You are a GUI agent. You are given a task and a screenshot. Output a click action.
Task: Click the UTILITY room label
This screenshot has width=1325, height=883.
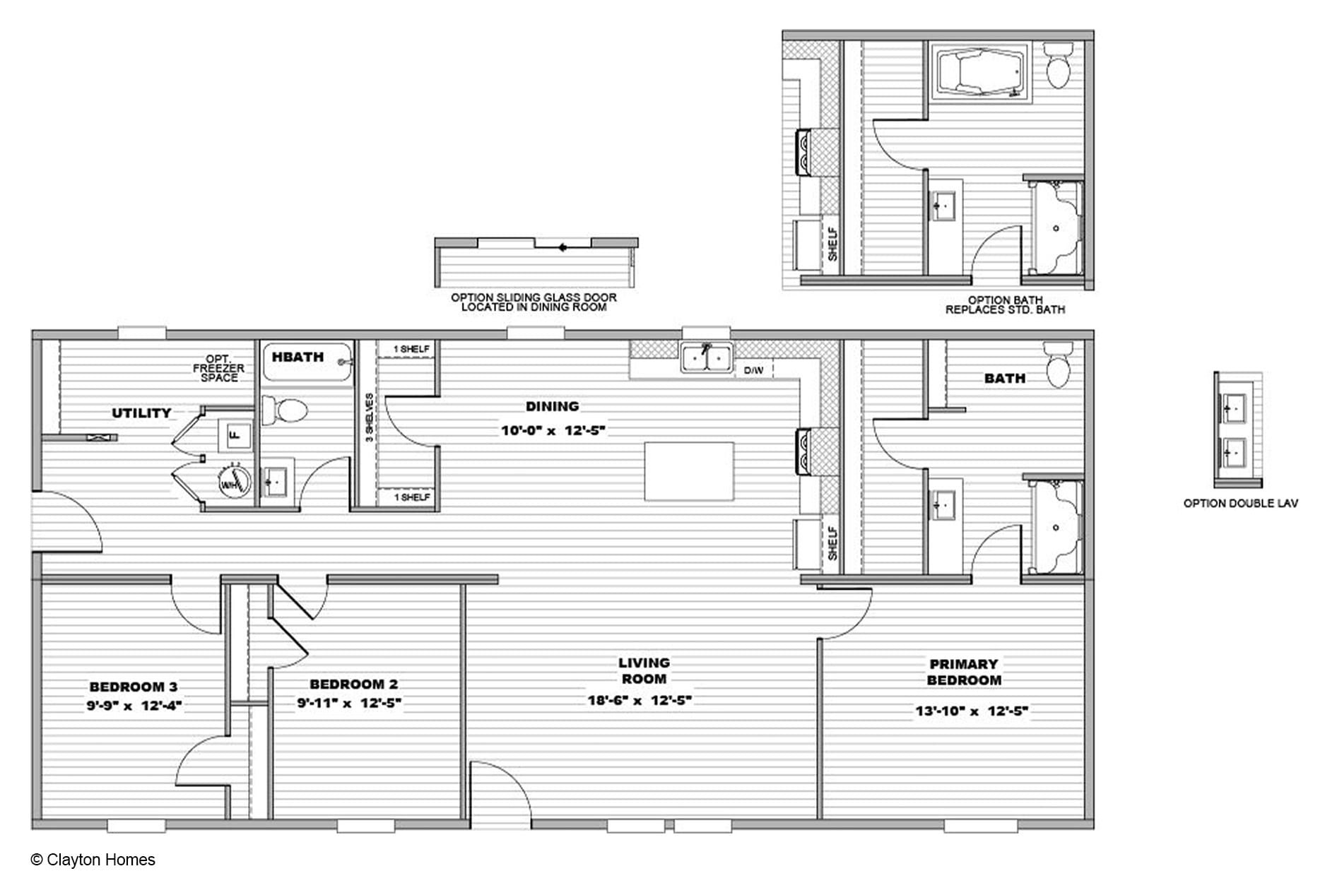[x=141, y=413]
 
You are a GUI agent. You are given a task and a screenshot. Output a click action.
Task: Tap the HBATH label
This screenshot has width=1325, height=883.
[x=298, y=357]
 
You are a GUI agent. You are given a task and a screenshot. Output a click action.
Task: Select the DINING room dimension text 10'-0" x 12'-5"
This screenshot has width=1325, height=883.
[x=553, y=430]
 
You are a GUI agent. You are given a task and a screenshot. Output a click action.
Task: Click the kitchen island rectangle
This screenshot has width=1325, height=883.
[x=689, y=471]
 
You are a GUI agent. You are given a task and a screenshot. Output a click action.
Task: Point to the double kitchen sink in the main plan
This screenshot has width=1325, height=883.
[x=706, y=357]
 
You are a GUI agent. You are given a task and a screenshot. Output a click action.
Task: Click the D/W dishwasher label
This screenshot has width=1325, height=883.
[x=753, y=370]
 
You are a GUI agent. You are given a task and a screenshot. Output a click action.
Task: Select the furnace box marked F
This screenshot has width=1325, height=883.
[x=236, y=435]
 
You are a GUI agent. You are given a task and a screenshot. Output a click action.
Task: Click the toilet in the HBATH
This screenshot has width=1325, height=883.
[x=285, y=410]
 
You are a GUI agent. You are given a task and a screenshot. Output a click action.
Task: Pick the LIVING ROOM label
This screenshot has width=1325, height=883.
[x=644, y=670]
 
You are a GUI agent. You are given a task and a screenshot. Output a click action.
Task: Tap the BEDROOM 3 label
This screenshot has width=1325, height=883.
[x=134, y=687]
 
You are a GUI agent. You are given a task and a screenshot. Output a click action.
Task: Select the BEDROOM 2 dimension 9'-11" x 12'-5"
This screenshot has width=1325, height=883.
[x=349, y=703]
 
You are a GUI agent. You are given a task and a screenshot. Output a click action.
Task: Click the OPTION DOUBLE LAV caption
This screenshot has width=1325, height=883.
[x=1241, y=504]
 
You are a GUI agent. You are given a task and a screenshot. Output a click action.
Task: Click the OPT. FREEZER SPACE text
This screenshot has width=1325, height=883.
[x=219, y=368]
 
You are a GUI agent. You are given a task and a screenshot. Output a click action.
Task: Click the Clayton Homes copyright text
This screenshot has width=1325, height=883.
[x=93, y=860]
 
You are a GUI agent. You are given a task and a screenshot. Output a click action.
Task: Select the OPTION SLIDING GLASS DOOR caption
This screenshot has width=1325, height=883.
[x=534, y=302]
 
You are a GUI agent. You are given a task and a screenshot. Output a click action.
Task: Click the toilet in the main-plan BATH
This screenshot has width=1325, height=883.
[x=1058, y=365]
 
